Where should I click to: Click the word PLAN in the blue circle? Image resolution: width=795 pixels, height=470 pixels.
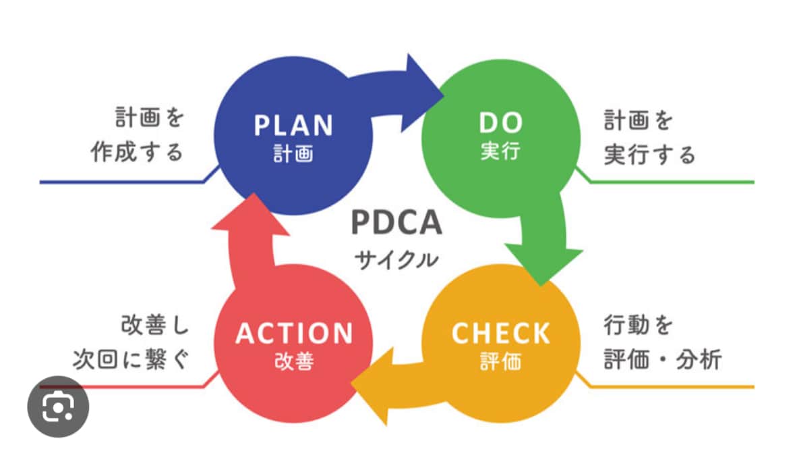click(x=293, y=126)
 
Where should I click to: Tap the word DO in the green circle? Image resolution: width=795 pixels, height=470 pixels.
click(x=501, y=123)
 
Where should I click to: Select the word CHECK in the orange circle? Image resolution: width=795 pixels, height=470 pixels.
click(x=501, y=333)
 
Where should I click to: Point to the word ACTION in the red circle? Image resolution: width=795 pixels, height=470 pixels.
click(x=294, y=334)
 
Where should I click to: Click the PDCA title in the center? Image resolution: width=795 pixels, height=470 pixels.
click(x=396, y=221)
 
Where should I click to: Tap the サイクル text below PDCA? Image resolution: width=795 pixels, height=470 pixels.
click(x=396, y=260)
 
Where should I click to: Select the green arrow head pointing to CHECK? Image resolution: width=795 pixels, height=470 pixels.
click(x=543, y=265)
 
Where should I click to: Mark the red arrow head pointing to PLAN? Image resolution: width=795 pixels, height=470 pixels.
click(x=251, y=215)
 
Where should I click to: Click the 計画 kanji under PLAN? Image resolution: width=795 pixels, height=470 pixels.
click(x=293, y=153)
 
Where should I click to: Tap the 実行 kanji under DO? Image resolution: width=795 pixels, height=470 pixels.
click(x=501, y=151)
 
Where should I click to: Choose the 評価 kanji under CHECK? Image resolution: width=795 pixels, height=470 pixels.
click(x=501, y=361)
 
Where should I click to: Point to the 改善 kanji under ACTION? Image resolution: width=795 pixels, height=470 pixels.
click(x=294, y=361)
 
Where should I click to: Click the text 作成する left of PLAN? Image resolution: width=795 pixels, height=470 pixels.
click(x=137, y=151)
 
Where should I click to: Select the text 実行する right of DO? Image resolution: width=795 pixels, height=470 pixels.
click(x=650, y=154)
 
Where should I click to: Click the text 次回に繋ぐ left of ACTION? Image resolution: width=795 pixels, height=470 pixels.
click(x=131, y=359)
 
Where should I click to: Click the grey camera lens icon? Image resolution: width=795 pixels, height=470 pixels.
click(x=58, y=407)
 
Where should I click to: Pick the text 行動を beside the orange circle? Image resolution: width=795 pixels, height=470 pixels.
click(x=639, y=325)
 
